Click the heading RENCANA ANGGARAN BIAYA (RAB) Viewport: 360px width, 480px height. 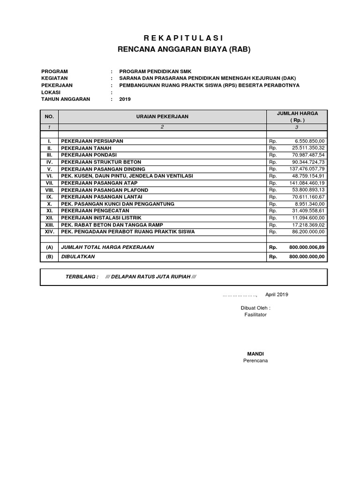(x=183, y=49)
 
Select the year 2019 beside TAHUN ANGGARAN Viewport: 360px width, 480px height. (x=125, y=99)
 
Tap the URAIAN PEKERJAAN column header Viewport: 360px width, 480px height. (x=162, y=116)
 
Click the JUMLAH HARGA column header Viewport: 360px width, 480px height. (x=297, y=113)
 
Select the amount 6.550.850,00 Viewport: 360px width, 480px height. (x=309, y=141)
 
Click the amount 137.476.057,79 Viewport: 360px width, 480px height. (x=307, y=169)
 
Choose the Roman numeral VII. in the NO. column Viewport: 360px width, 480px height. (x=49, y=183)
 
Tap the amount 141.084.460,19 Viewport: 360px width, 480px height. (x=307, y=183)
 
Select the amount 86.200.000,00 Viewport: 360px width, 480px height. (x=308, y=232)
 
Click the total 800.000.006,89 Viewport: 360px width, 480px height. (x=307, y=247)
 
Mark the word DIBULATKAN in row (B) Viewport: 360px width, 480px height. (x=78, y=256)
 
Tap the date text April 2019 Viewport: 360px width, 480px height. (x=277, y=294)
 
